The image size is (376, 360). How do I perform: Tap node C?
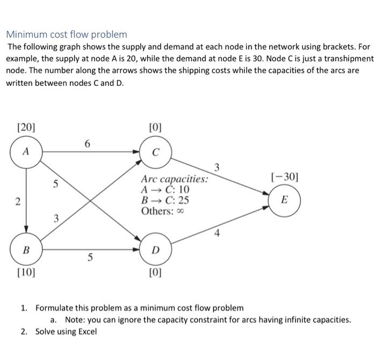pos(155,151)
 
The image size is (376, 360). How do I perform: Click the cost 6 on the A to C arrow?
pos(88,143)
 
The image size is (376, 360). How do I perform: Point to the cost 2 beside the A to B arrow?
pos(17,202)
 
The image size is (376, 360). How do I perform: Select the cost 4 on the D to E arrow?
pos(217,233)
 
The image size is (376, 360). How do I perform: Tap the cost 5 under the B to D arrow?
pos(90,258)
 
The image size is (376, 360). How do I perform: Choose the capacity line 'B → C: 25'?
pos(164,200)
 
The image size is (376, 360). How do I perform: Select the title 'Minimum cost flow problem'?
pos(67,34)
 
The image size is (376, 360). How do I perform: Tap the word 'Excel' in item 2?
pos(86,331)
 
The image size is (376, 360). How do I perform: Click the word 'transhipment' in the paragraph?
pos(345,58)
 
